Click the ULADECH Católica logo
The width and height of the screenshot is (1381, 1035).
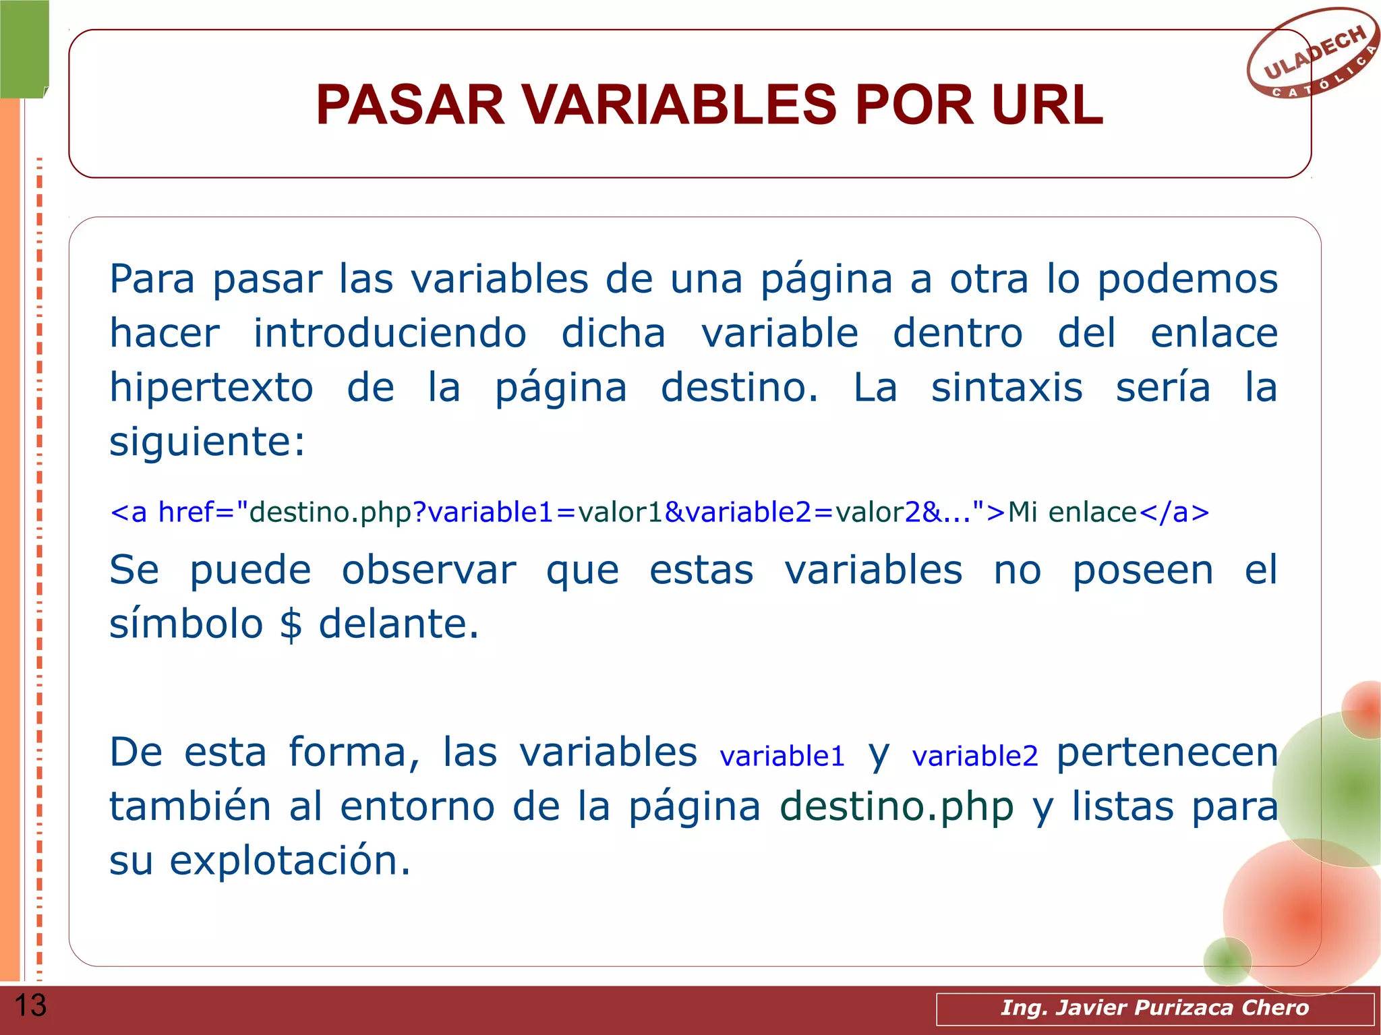1312,54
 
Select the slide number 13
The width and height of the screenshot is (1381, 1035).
30,1005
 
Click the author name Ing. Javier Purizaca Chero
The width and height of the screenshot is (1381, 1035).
1154,1007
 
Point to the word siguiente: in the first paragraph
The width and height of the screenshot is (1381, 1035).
207,443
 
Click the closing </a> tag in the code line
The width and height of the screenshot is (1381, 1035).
1174,512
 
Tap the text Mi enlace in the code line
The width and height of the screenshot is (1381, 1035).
1072,512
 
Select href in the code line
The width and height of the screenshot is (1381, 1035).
185,512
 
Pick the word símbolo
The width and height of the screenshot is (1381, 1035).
186,624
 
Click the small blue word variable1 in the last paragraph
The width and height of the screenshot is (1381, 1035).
782,756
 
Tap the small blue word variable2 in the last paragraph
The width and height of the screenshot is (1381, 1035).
975,756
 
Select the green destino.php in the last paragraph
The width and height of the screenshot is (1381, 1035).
897,807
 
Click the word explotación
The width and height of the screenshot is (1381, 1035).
289,861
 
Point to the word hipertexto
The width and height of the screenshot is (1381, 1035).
212,388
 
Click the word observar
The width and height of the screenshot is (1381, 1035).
429,570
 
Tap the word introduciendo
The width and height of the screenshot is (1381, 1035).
390,334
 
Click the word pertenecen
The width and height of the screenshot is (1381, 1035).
1167,753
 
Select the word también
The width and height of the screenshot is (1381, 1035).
190,807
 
